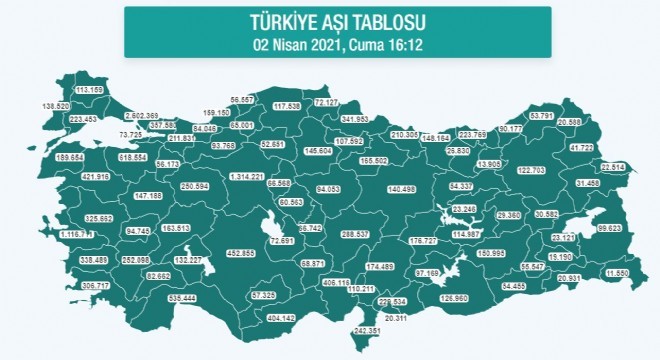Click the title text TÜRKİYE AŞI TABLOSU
click(x=329, y=20)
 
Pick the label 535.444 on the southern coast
click(x=189, y=299)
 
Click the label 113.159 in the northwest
click(x=90, y=90)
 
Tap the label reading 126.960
click(x=462, y=298)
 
